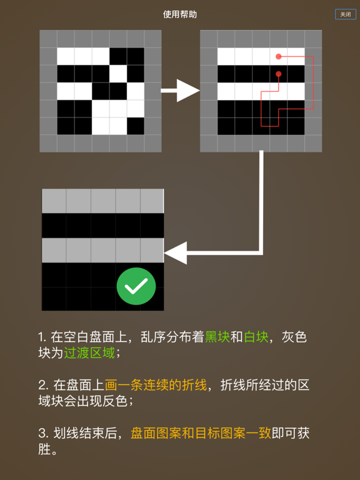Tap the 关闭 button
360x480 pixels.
345,14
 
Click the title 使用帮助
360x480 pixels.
180,14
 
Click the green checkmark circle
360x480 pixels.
136,286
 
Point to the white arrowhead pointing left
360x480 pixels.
176,252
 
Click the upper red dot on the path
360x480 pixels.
279,57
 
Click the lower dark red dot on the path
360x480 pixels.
279,74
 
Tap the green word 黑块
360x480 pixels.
217,337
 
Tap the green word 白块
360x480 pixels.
256,337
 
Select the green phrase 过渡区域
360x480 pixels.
89,353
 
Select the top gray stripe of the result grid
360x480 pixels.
102,201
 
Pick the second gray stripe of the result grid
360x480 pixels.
102,250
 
